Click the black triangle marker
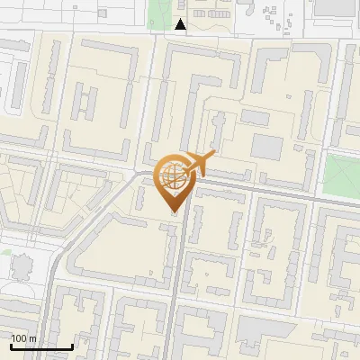coord(181,25)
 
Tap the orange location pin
coord(174,180)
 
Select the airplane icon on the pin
coord(199,163)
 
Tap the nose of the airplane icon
coord(214,157)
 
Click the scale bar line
coord(40,346)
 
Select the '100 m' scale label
coord(24,337)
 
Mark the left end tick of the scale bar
coord(10,345)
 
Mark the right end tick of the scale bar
coord(72,345)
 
